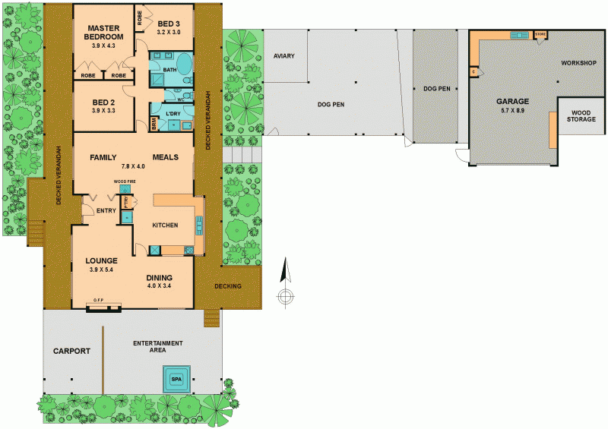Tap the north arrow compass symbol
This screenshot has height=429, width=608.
coord(286,285)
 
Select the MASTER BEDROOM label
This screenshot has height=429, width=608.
coord(103,32)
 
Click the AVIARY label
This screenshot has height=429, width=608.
coord(285,56)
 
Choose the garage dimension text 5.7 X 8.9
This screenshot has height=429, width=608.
coord(513,111)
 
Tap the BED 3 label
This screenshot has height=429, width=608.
coord(169,24)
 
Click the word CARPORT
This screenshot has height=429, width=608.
coord(72,351)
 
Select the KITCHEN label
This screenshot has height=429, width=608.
coord(165,225)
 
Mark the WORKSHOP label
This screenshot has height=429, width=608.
coord(578,62)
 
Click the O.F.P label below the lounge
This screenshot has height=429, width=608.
coord(98,300)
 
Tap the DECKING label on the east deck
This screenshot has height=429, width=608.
coord(228,286)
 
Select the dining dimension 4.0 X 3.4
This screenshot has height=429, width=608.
coord(159,286)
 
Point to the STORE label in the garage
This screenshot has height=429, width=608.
coord(540,34)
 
